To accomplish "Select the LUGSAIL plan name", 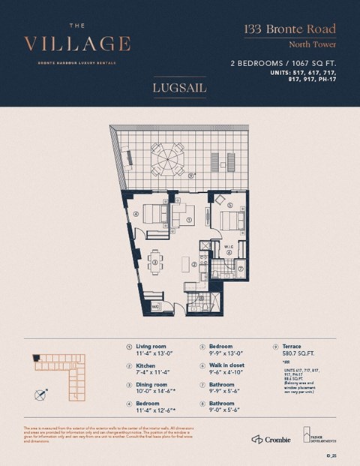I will (x=180, y=88).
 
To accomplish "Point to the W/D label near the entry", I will (x=154, y=307).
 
